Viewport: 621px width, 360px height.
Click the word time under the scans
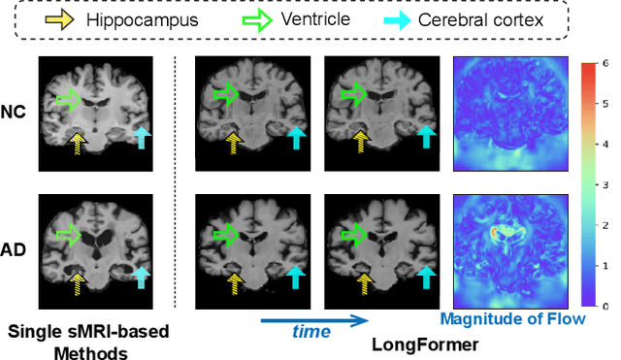click(312, 331)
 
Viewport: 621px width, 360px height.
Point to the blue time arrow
click(315, 318)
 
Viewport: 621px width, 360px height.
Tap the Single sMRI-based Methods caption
click(87, 341)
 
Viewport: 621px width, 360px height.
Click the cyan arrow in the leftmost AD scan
click(141, 278)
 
